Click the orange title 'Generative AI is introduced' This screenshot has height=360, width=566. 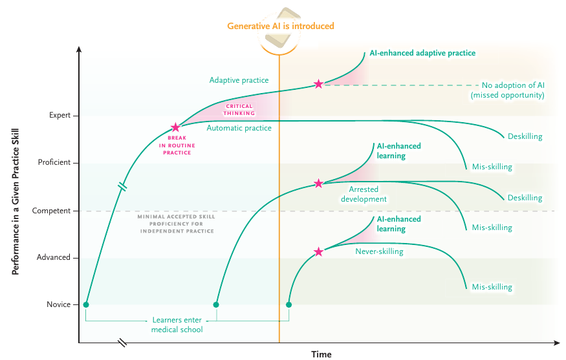pos(281,26)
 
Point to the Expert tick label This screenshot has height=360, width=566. pos(60,115)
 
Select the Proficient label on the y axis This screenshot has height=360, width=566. pos(54,162)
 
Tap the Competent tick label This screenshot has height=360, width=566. pos(51,211)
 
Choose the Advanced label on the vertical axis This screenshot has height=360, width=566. pos(54,257)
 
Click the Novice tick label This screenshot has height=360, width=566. pos(58,304)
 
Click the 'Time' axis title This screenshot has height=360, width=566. pos(321,354)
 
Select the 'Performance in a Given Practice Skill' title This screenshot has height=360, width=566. pos(15,202)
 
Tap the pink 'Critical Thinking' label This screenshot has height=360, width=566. pos(239,110)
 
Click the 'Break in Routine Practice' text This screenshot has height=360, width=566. pos(177,145)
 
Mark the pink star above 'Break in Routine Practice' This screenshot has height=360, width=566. pos(175,127)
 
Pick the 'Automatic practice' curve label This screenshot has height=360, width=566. pos(239,128)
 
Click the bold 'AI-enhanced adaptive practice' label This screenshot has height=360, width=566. pos(422,53)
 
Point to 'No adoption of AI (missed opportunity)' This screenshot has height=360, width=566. pos(508,90)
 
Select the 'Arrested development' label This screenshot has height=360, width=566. pos(364,194)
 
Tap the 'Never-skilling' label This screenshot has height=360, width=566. pos(379,251)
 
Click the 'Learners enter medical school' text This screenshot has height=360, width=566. pos(177,324)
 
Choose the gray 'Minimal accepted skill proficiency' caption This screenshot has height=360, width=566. pos(177,224)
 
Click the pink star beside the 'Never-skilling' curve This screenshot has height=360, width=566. pos(318,252)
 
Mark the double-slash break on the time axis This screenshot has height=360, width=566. pos(123,343)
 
